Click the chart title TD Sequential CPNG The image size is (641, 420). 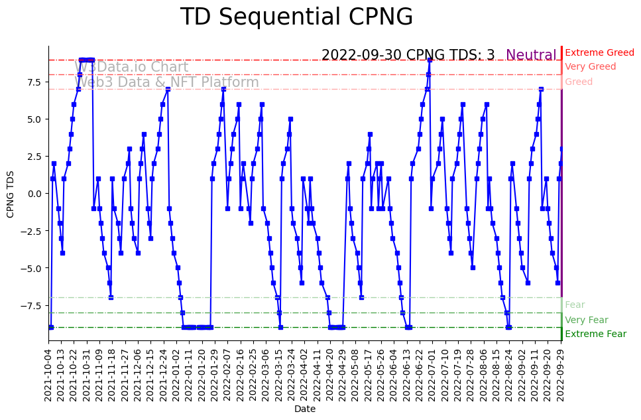tap(296, 17)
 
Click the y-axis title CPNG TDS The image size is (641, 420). tap(11, 193)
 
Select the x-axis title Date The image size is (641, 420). tap(305, 409)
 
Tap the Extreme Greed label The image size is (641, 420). tap(599, 52)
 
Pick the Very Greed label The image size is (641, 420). tap(590, 67)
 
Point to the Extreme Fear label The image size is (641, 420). tap(595, 334)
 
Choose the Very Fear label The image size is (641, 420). tap(586, 320)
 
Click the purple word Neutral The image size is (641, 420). tap(531, 56)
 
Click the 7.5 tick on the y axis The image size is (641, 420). tap(34, 82)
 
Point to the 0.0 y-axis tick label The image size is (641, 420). tap(34, 194)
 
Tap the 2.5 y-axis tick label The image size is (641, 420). tap(34, 157)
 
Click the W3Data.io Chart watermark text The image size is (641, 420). tap(131, 67)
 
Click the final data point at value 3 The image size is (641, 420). tap(561, 149)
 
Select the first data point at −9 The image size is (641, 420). tap(51, 327)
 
